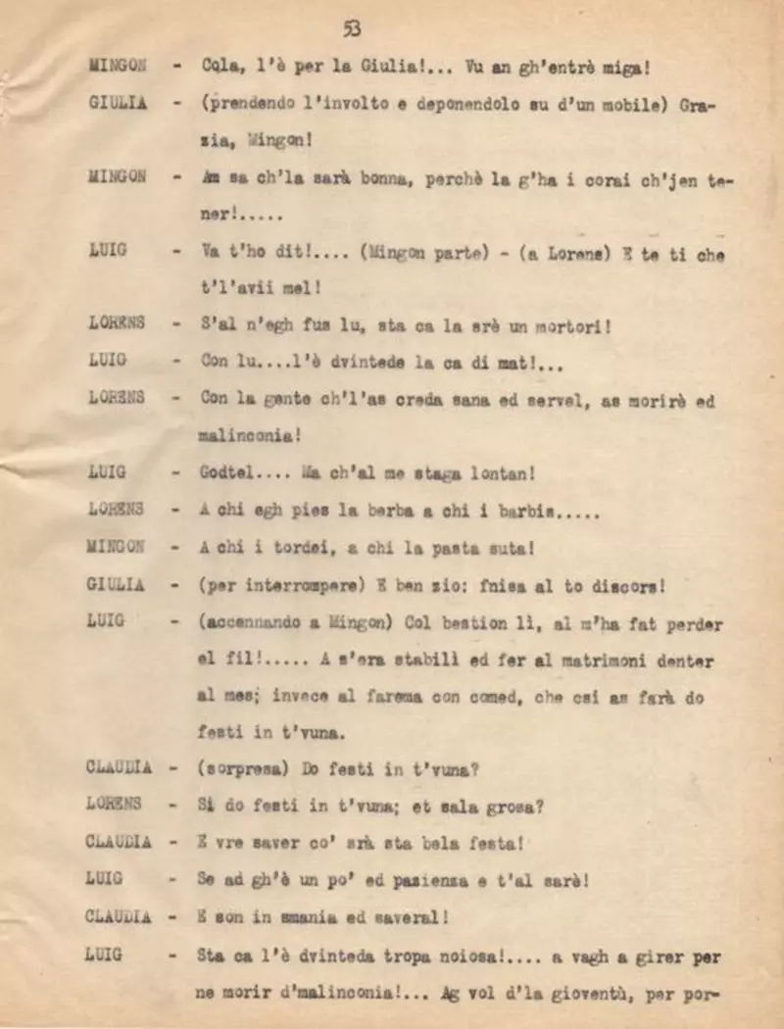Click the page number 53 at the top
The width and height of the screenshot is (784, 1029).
[x=352, y=29]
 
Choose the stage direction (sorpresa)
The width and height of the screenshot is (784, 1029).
[x=243, y=768]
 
